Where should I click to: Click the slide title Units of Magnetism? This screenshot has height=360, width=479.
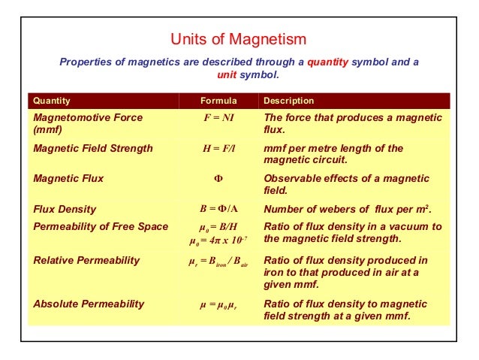(239, 39)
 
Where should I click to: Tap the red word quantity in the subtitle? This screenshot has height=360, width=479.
(328, 62)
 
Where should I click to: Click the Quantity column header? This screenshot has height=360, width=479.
(52, 101)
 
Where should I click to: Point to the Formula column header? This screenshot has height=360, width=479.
(218, 101)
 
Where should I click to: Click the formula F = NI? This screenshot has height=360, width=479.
(218, 118)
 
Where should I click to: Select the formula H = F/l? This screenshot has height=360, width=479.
(218, 148)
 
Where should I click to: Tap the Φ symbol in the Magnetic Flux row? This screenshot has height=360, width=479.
(218, 180)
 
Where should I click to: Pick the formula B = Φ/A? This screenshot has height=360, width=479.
(218, 210)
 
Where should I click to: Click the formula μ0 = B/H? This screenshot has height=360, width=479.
(218, 226)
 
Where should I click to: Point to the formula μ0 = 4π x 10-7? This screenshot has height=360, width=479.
(218, 241)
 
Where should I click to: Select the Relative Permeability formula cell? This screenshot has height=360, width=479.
(218, 262)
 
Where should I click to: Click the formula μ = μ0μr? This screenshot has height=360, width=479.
(218, 304)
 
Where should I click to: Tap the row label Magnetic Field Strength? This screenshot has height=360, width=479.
(93, 148)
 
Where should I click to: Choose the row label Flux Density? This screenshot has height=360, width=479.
(65, 210)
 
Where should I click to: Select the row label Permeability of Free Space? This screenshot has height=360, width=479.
(101, 226)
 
